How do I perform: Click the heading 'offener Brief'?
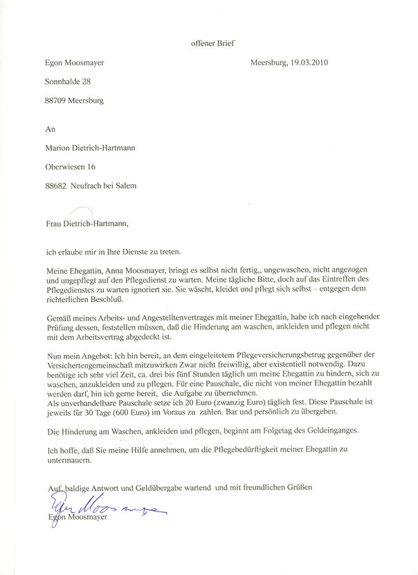point(212,43)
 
